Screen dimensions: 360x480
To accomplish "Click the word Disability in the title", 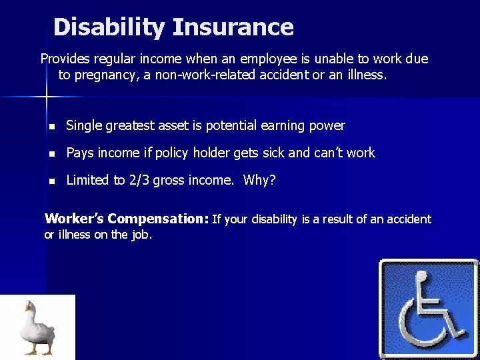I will [x=109, y=27].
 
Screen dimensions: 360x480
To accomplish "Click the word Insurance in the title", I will [x=233, y=27].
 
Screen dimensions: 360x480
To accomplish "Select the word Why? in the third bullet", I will [x=259, y=180].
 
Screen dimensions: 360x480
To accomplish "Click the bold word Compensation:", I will [x=158, y=219].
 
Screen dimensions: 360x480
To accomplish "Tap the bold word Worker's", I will [x=74, y=219].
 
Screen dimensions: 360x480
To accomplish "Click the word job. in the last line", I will [x=141, y=235].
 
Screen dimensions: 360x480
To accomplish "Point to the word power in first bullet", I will [x=328, y=125].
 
